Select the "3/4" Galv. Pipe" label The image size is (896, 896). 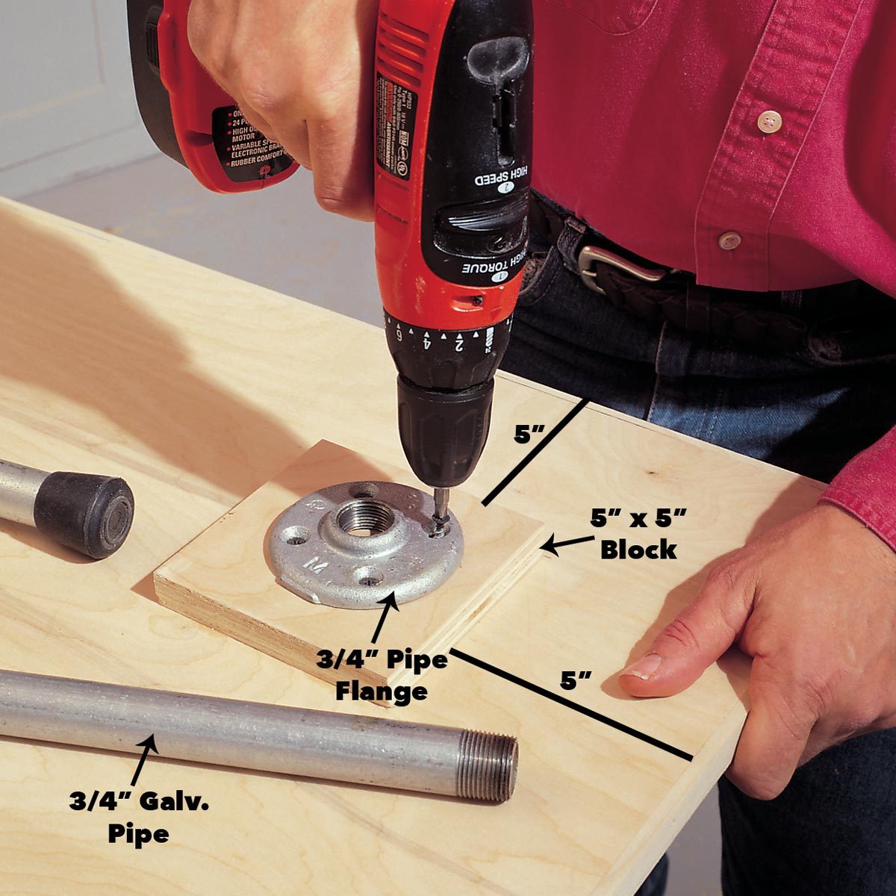139,818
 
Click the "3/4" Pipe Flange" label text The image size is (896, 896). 381,676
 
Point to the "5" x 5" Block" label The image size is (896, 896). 638,535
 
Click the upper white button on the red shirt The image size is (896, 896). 768,121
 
